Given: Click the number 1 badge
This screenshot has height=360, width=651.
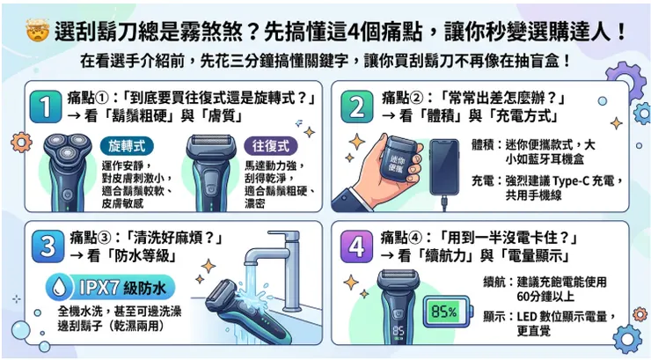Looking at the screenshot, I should click(x=40, y=107).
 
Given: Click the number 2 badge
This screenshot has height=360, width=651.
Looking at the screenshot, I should click(x=356, y=107).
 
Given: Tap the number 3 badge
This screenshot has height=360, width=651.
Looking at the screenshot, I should click(x=40, y=248).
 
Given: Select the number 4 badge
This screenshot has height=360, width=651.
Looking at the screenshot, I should click(x=356, y=248).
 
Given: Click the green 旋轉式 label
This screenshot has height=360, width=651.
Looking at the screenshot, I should click(x=129, y=143).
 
